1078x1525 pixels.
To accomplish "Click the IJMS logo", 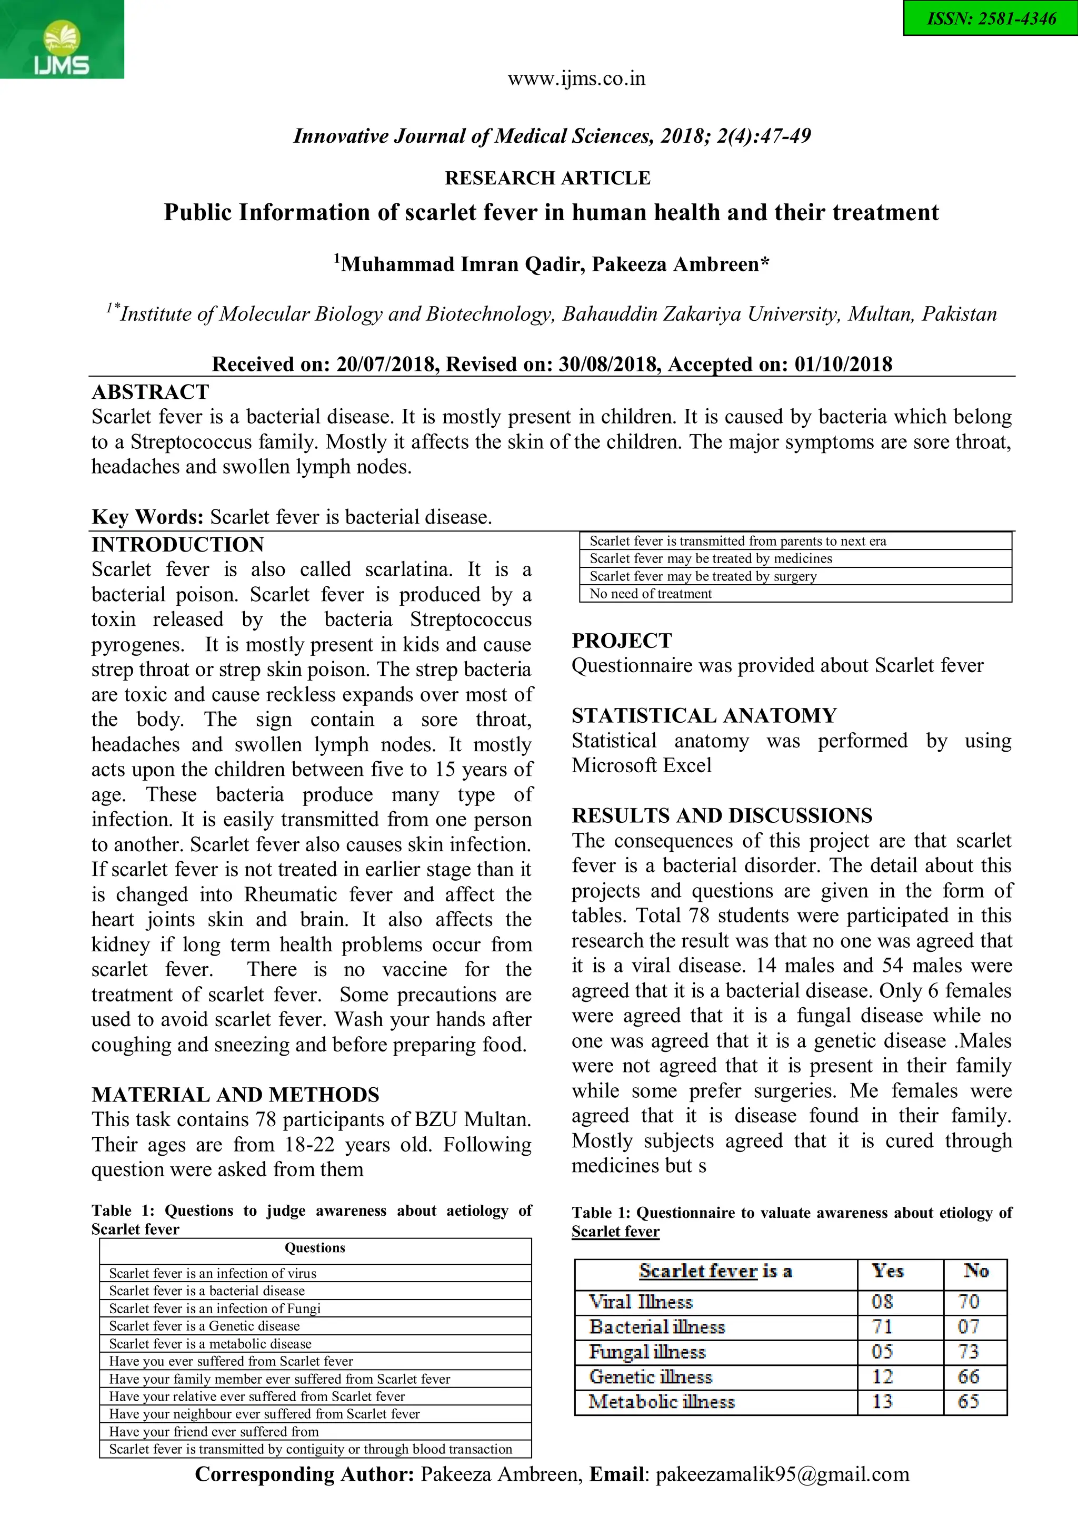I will pyautogui.click(x=61, y=40).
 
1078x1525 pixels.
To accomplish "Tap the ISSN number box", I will pyautogui.click(x=991, y=18).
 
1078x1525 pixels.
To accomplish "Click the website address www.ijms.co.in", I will pyautogui.click(x=576, y=79).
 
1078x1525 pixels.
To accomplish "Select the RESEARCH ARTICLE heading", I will pyautogui.click(x=547, y=178).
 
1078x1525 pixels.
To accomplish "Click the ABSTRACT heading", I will pyautogui.click(x=151, y=392).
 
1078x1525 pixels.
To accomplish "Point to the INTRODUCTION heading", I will pyautogui.click(x=178, y=545).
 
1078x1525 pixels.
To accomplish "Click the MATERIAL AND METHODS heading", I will pyautogui.click(x=236, y=1095).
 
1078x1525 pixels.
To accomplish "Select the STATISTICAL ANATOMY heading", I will pyautogui.click(x=704, y=715).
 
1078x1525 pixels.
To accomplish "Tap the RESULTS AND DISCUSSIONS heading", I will pyautogui.click(x=722, y=815).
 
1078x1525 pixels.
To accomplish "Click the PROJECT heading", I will pyautogui.click(x=622, y=640).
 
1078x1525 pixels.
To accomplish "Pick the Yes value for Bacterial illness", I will pyautogui.click(x=882, y=1327).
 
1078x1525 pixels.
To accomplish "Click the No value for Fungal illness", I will pyautogui.click(x=969, y=1352).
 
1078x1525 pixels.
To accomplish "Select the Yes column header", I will pyautogui.click(x=888, y=1271).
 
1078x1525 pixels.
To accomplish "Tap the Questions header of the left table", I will pyautogui.click(x=315, y=1248).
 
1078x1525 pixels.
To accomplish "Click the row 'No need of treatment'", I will pyautogui.click(x=651, y=594).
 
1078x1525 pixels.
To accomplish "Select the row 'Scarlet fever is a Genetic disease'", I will pyautogui.click(x=204, y=1326).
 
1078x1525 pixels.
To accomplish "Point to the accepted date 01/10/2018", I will pyautogui.click(x=844, y=364).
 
